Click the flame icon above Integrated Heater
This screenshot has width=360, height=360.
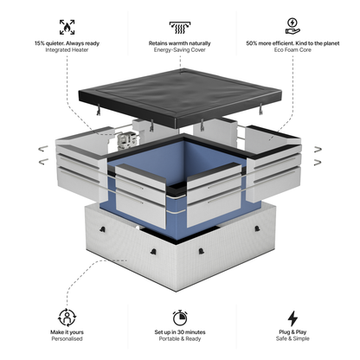[x=67, y=26]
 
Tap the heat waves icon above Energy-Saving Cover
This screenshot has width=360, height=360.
[x=181, y=26]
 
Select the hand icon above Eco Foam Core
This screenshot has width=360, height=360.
[x=292, y=26]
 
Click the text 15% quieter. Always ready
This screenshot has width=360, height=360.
[x=67, y=43]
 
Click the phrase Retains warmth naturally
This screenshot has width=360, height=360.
[x=181, y=43]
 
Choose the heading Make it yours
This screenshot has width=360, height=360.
[x=67, y=334]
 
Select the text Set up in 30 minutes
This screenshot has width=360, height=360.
[x=181, y=334]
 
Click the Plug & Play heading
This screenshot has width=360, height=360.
[x=292, y=334]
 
